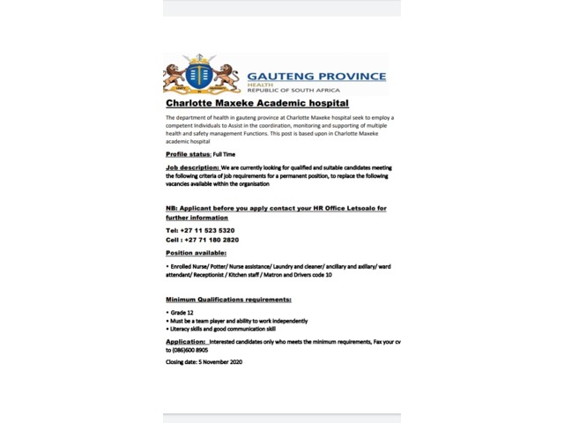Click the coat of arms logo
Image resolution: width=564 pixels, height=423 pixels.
click(202, 75)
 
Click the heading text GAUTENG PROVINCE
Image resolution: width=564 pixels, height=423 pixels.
click(316, 76)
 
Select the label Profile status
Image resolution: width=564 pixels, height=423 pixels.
click(188, 154)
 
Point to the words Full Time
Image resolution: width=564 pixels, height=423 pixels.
click(224, 154)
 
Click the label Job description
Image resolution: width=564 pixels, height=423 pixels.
click(191, 167)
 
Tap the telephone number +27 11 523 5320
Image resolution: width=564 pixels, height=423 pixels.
click(207, 230)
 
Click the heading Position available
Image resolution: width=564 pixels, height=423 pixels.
click(196, 253)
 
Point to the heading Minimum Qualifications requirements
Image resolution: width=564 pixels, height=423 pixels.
click(228, 300)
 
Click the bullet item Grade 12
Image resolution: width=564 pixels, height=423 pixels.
click(183, 313)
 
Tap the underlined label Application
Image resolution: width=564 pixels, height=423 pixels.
click(185, 341)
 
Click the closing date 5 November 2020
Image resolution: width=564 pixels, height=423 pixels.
click(218, 361)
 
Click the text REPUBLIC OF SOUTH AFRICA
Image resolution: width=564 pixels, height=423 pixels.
click(293, 91)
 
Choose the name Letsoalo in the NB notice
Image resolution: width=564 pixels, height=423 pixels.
click(367, 208)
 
